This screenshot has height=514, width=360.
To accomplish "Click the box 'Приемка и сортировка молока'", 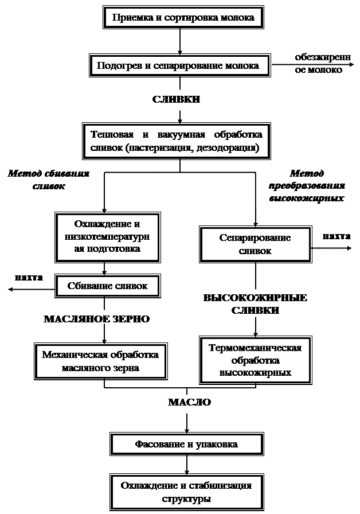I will pyautogui.click(x=183, y=18).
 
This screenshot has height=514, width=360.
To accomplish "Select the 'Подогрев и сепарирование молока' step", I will pyautogui.click(x=177, y=65).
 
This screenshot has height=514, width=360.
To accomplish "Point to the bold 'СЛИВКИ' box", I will pyautogui.click(x=176, y=99).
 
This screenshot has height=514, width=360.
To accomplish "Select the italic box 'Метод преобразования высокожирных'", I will pyautogui.click(x=307, y=186).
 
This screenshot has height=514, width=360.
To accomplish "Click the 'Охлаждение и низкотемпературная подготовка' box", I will pyautogui.click(x=107, y=236).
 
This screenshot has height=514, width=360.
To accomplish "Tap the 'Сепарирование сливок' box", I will pyautogui.click(x=255, y=244).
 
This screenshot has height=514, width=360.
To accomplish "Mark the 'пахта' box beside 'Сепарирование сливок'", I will pyautogui.click(x=336, y=236).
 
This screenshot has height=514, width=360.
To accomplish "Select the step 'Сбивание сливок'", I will pyautogui.click(x=107, y=286).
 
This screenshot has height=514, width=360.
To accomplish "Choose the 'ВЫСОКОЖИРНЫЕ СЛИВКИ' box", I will pyautogui.click(x=255, y=304).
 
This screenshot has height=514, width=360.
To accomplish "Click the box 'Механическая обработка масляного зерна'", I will pyautogui.click(x=100, y=361).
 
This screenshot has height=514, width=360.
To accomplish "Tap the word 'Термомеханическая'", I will pyautogui.click(x=255, y=348).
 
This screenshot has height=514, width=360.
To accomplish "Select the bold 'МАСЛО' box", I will pyautogui.click(x=190, y=402).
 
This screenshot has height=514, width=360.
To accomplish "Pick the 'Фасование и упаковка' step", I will pyautogui.click(x=186, y=444).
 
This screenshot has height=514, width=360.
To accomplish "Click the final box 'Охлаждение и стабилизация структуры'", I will pyautogui.click(x=186, y=492).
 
